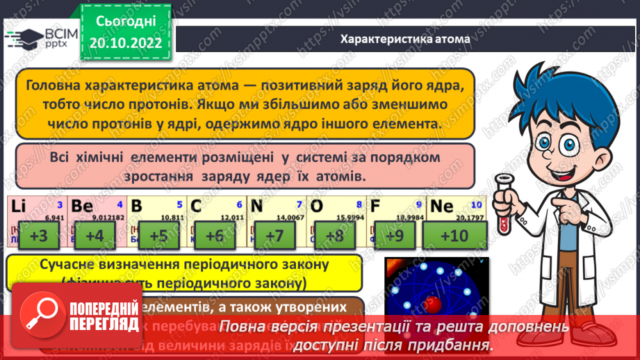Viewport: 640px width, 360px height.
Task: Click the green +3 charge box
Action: [39, 236]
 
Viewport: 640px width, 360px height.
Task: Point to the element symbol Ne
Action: [443, 206]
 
